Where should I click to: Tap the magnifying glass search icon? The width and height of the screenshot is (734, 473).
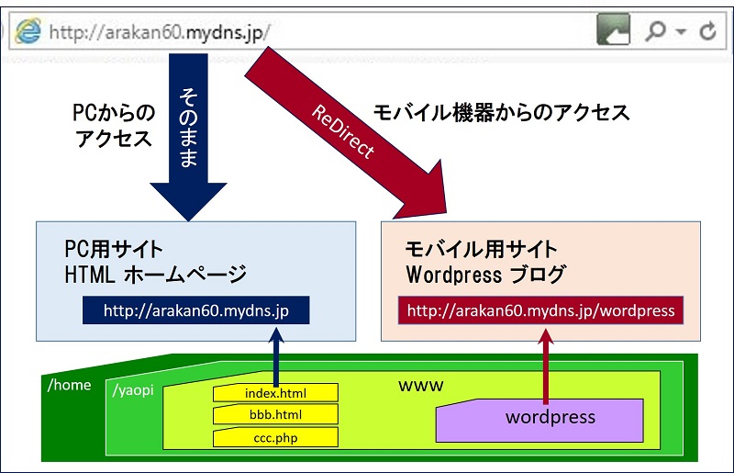point(656,30)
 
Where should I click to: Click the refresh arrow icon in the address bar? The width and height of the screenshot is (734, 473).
point(707,31)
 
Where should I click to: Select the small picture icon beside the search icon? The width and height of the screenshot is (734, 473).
point(613,30)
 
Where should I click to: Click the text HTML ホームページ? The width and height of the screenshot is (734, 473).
point(156,274)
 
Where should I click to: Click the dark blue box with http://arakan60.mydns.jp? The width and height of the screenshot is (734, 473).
point(195,310)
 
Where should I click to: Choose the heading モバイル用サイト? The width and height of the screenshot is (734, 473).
point(482,249)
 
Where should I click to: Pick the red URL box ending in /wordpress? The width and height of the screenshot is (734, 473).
point(540,310)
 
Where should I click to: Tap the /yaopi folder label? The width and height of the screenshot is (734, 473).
point(132,390)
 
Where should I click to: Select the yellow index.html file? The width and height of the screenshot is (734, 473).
point(275,393)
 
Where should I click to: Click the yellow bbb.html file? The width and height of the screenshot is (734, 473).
point(275,415)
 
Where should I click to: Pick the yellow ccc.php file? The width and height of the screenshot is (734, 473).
point(275,437)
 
